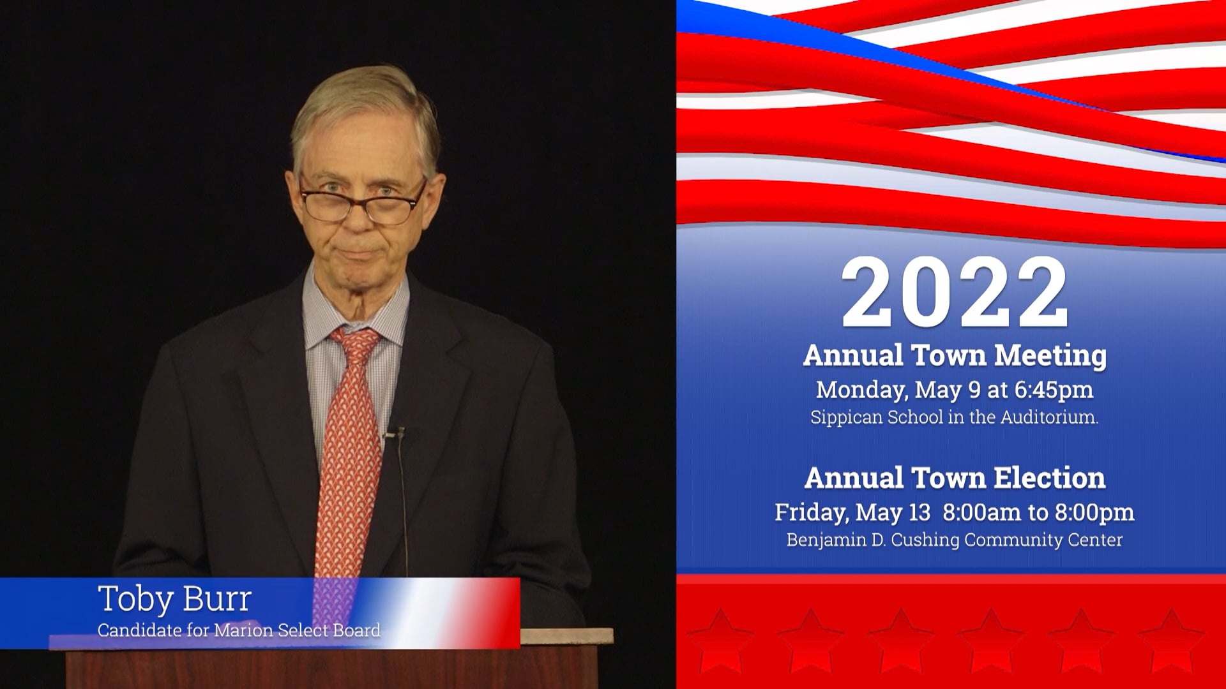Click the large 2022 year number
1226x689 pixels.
click(x=955, y=294)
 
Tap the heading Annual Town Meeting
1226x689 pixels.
click(x=955, y=356)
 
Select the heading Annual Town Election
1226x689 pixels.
click(x=955, y=478)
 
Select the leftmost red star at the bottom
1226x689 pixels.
click(x=719, y=638)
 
